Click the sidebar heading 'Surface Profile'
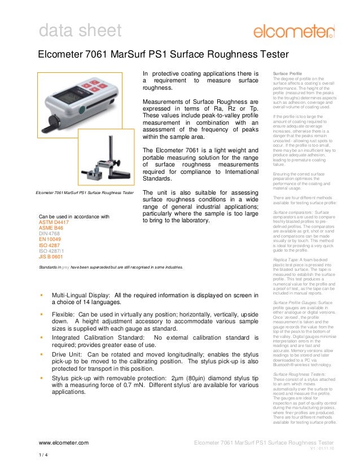tap(287, 74)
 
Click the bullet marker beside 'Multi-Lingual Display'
tap(42, 295)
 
